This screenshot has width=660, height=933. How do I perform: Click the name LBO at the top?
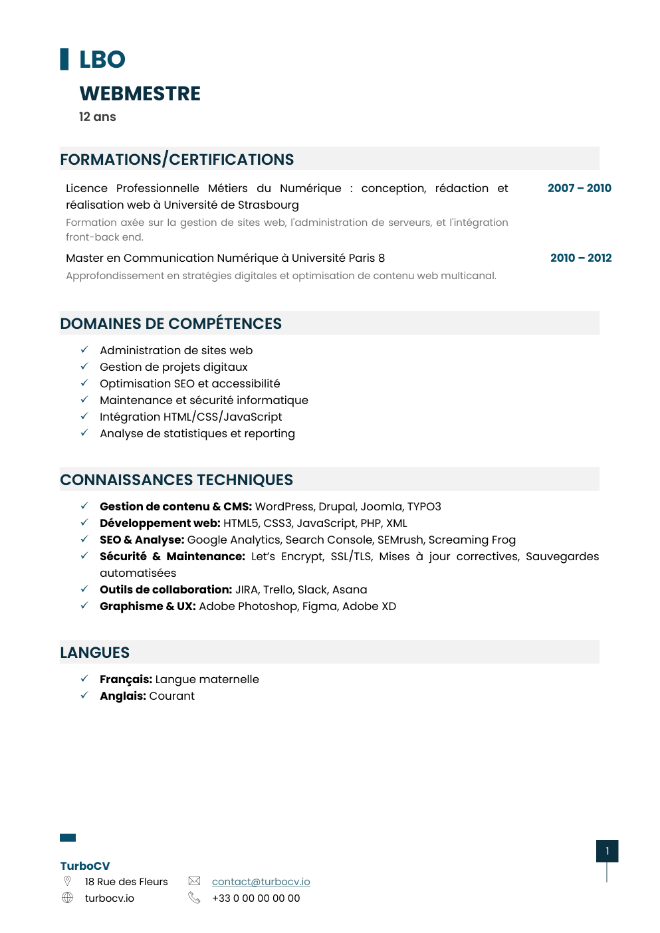point(102,60)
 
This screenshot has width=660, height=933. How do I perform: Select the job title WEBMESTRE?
point(140,94)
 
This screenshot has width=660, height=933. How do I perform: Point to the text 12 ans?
point(97,117)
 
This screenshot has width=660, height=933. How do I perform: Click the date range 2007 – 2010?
point(579,188)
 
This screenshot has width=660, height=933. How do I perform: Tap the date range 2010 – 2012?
point(580,258)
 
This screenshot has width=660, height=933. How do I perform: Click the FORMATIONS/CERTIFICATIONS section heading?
point(177,159)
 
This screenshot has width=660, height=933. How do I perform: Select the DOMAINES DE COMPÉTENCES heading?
point(171,324)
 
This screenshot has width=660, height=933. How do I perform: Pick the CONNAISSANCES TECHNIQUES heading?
point(176,480)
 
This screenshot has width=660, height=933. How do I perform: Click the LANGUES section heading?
point(94,653)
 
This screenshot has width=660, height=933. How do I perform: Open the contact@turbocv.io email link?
point(261,882)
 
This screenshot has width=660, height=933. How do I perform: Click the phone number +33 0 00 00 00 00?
point(256,898)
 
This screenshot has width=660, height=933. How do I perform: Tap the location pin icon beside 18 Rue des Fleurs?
point(67,881)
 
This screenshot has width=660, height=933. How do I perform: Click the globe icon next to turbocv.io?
point(67,898)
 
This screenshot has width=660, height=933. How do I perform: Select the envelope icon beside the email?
point(194,881)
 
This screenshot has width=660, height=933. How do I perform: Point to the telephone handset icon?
point(194,898)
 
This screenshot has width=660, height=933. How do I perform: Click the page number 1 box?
point(607,851)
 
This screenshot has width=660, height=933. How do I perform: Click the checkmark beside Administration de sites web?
point(84,350)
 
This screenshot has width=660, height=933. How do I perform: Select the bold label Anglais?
point(123,696)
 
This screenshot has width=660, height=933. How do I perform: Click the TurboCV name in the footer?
point(85,866)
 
